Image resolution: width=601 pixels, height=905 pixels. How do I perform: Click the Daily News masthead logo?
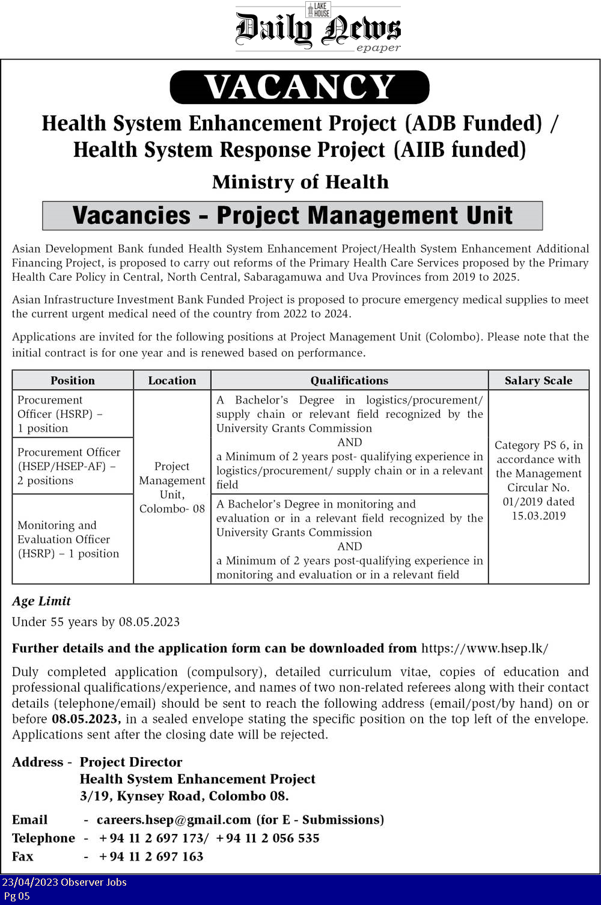coord(318,28)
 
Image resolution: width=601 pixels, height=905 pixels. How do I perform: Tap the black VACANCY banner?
coord(299,87)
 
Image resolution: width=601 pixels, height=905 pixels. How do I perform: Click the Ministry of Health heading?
coord(300,182)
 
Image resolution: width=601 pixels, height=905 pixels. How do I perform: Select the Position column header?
coord(73,380)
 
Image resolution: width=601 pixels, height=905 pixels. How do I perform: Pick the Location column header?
coord(172,380)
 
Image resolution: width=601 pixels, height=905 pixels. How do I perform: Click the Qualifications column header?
coord(349,380)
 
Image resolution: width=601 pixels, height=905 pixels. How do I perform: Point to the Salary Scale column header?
coord(538,380)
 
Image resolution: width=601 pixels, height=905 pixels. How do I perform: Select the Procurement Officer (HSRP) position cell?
coord(59,414)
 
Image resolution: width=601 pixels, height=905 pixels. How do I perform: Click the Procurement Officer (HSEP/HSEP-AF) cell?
coord(69,466)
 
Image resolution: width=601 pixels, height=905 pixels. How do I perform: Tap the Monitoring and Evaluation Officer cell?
coord(68,539)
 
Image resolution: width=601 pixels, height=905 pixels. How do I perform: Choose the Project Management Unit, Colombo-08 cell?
coord(172,487)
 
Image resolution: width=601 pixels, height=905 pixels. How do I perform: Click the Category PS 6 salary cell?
coord(538,480)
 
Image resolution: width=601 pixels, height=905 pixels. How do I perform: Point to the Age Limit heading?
coord(41,601)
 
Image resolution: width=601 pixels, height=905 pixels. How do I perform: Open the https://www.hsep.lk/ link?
coord(484,648)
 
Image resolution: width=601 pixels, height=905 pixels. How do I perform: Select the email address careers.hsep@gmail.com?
coord(174,820)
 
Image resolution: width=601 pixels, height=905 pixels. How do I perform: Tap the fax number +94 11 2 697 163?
coord(151,856)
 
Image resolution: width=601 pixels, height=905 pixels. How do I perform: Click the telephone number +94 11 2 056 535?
coord(267,838)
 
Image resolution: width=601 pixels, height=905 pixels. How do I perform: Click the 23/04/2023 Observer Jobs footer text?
coord(64,882)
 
